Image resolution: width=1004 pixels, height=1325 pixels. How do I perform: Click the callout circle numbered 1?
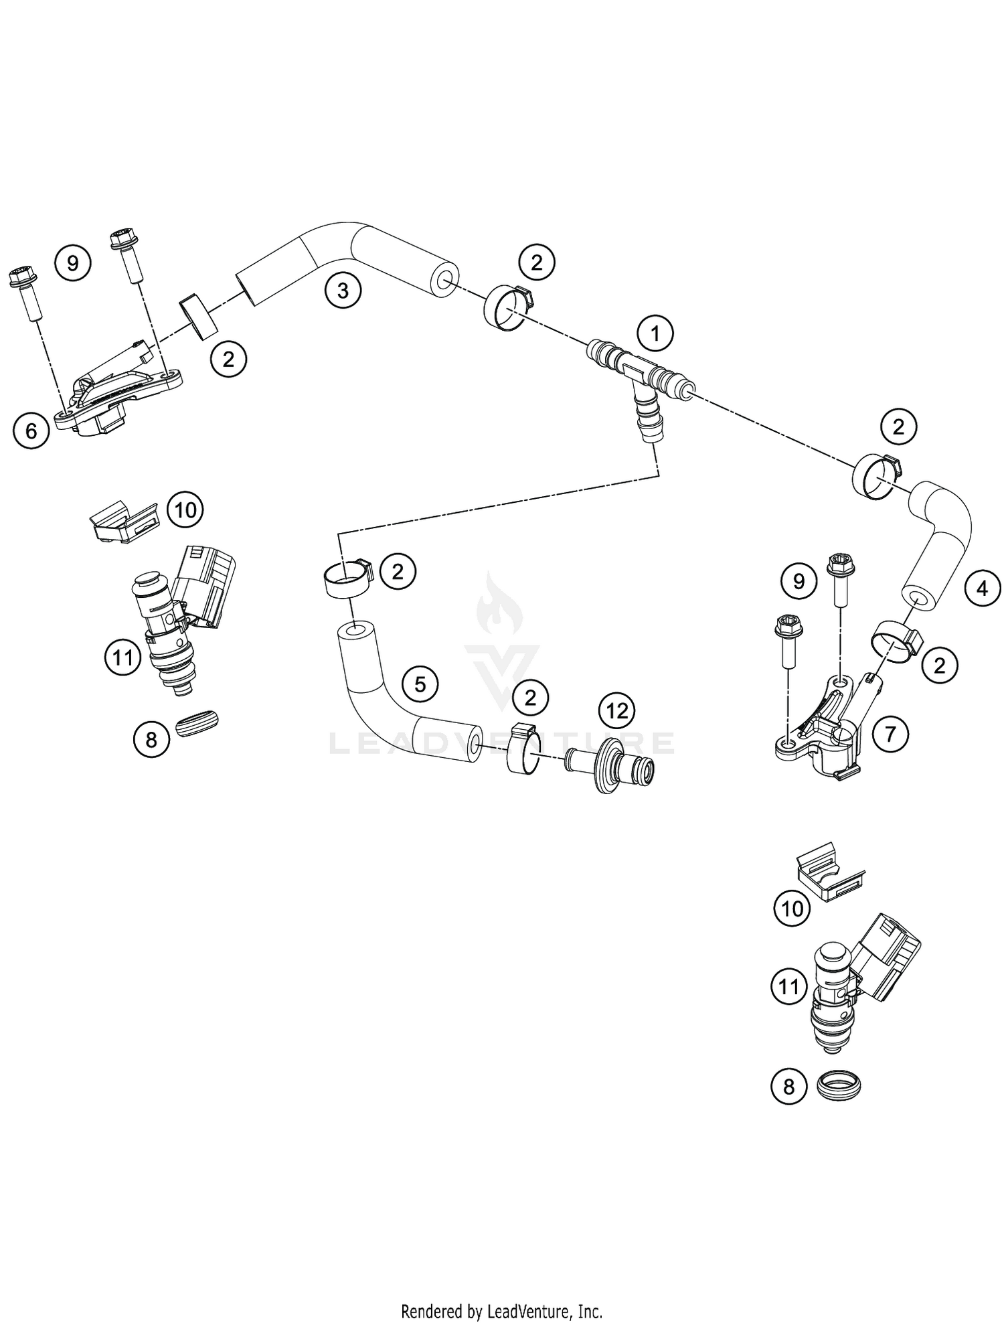coord(655,333)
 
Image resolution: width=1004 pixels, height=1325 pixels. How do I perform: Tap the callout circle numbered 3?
coord(343,291)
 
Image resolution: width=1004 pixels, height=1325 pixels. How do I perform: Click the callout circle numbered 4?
coord(982,589)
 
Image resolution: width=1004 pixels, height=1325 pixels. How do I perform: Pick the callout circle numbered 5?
coord(420,684)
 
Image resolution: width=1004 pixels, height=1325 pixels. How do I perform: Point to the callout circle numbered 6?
coord(31,431)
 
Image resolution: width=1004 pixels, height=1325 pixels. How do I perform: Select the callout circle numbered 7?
coord(890,734)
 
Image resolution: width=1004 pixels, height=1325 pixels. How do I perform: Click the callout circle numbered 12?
coord(616,710)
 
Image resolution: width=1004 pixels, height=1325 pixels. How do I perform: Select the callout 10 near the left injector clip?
coord(185,510)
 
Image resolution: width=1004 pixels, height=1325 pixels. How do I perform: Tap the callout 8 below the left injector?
coord(151,739)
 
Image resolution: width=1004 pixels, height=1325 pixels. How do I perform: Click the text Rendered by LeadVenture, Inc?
coord(501,1310)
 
